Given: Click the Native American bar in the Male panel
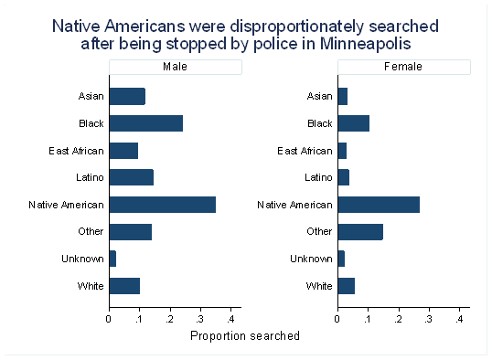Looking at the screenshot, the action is pos(163,205).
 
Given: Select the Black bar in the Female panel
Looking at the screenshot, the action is pos(354,123).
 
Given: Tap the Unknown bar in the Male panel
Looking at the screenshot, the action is pos(112,259).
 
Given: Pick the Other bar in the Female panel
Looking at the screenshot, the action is pos(360,232).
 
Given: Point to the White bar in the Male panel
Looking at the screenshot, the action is pos(124,286).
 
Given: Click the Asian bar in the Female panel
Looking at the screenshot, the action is pos(343,96).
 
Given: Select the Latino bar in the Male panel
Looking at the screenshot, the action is pos(132,177).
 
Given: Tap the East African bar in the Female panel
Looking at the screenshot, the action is pos(342,151).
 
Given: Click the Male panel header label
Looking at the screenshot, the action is pos(175,67).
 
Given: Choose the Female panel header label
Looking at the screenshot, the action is pos(403,67).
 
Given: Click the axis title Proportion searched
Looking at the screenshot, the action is pos(245,336).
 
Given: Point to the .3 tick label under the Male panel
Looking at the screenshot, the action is pos(200,319).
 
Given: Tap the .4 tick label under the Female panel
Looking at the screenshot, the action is pos(459,319).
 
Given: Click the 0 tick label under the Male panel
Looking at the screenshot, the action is pos(109,319).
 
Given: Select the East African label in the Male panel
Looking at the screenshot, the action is pos(76,151).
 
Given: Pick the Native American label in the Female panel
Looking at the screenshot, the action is pos(295,205).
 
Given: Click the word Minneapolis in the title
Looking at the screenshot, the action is pos(365,43).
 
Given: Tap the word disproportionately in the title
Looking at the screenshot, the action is pos(297,26).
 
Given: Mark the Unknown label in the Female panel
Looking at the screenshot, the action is pos(311,259).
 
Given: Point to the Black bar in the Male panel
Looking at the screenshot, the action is pos(146,123).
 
